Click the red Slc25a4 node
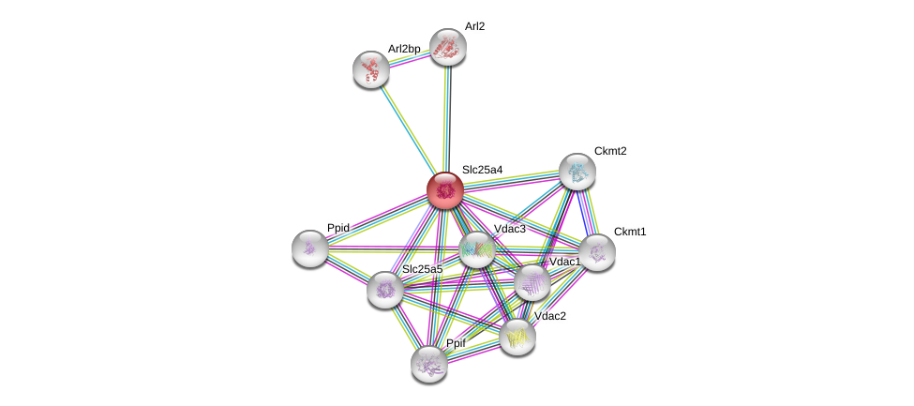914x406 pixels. coord(444,190)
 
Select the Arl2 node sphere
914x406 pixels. coord(448,47)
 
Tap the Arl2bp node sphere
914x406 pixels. coord(371,68)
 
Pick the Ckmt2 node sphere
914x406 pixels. coord(577,172)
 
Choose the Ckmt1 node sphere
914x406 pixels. coord(596,251)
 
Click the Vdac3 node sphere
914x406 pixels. coord(477,249)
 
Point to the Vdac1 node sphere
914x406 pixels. coord(532,281)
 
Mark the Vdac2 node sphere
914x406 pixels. coord(517,337)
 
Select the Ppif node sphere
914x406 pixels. coord(428,363)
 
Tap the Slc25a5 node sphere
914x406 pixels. coord(384,290)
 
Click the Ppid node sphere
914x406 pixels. coord(309,248)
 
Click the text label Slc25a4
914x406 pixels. coord(482,170)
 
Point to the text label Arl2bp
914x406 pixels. coord(404,49)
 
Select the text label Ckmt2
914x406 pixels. coord(610,151)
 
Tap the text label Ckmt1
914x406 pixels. coord(630,232)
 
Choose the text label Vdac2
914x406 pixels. coord(550,316)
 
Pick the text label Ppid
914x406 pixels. coord(338,228)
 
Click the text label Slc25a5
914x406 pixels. coord(422,269)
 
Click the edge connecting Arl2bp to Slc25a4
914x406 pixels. coord(407,128)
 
